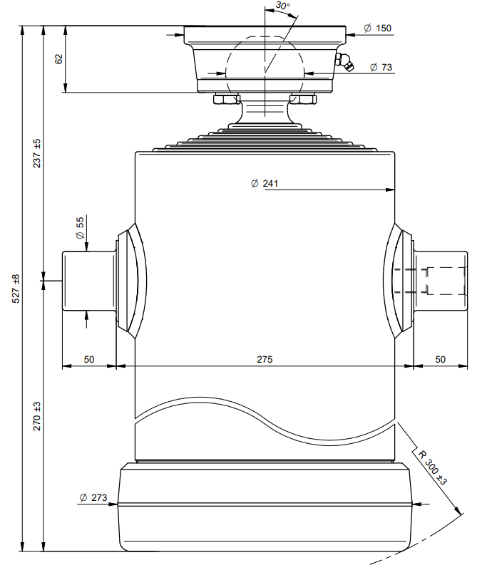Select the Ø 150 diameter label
(x=377, y=28)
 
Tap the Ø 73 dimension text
(x=381, y=68)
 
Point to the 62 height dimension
(x=59, y=59)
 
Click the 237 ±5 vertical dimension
(x=37, y=153)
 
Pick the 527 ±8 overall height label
(x=15, y=289)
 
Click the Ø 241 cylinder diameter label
(x=265, y=184)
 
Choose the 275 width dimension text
(x=265, y=359)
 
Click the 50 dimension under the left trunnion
(x=89, y=359)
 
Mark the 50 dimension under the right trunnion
(x=440, y=359)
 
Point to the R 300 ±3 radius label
(x=432, y=467)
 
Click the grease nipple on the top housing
(x=346, y=64)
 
